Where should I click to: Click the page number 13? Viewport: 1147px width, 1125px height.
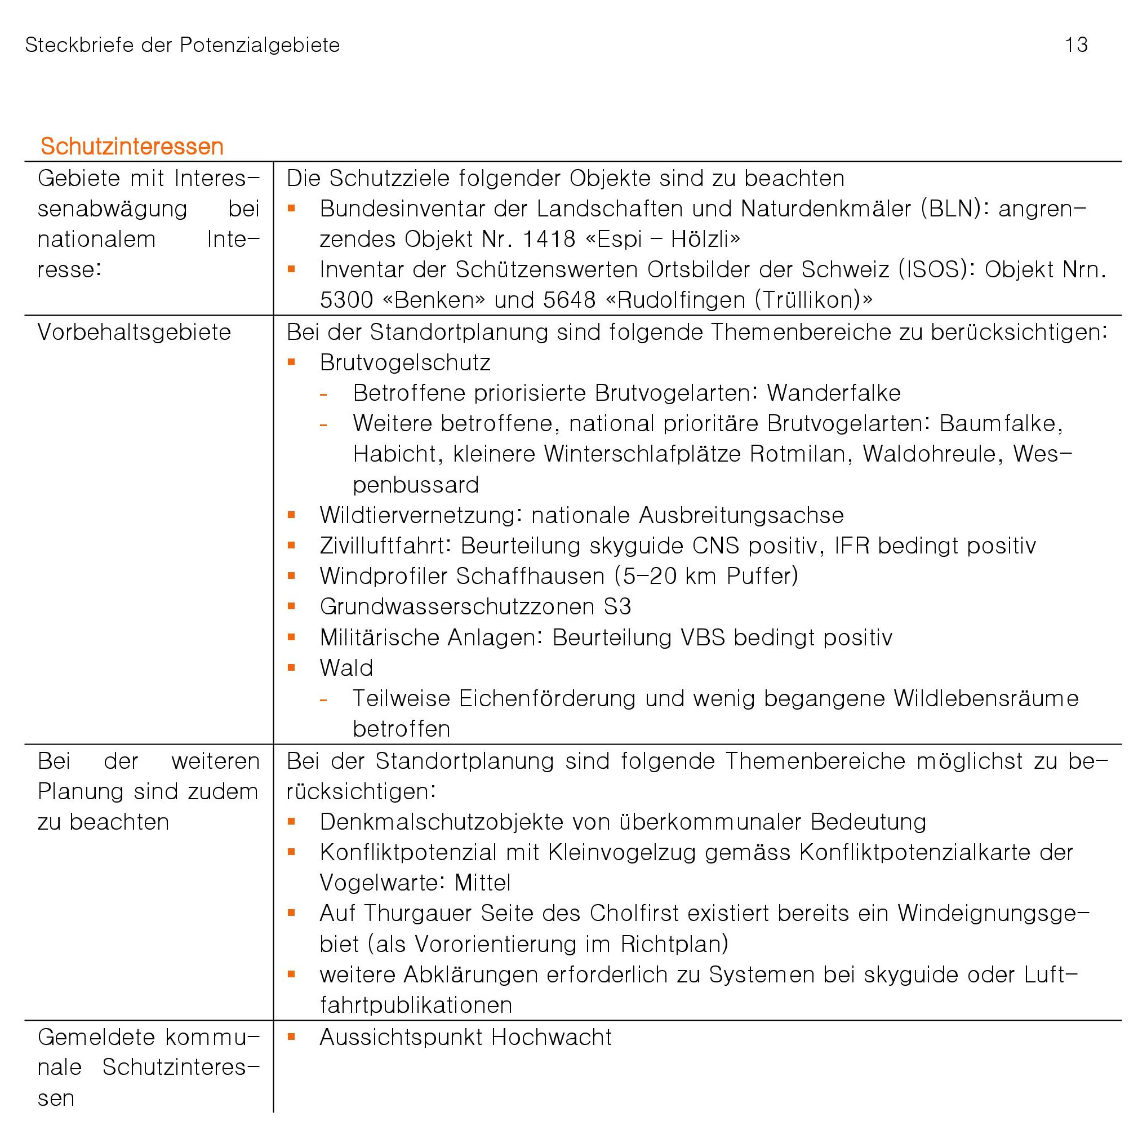[1075, 45]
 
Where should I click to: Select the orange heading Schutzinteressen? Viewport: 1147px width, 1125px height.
[132, 147]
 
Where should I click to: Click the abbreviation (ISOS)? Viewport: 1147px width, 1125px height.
[933, 270]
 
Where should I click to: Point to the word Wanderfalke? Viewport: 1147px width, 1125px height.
[833, 393]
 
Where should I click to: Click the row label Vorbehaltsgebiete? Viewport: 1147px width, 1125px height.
[134, 332]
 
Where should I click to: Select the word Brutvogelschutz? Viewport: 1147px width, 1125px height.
[405, 363]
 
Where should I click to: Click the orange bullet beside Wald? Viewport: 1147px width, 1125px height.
[291, 668]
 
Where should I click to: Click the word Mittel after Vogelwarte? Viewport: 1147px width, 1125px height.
[483, 883]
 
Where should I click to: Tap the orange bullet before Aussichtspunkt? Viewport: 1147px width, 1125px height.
[291, 1036]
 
